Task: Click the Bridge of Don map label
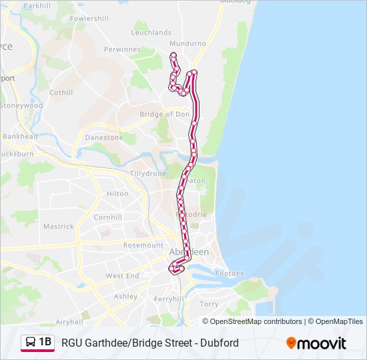click(x=164, y=114)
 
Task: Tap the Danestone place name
click(x=103, y=137)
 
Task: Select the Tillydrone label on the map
click(x=147, y=173)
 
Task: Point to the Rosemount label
click(x=143, y=245)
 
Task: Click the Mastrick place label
click(x=59, y=227)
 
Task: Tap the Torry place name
click(x=209, y=304)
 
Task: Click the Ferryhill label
click(x=168, y=299)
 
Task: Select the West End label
click(x=122, y=276)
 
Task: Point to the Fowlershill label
click(x=89, y=19)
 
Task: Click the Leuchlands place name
click(x=151, y=32)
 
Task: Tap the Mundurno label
click(x=188, y=43)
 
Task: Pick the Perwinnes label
click(x=122, y=49)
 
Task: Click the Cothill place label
click(x=61, y=93)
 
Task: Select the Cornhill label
click(x=107, y=217)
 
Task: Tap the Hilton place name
click(x=117, y=194)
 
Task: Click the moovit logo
click(x=316, y=343)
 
